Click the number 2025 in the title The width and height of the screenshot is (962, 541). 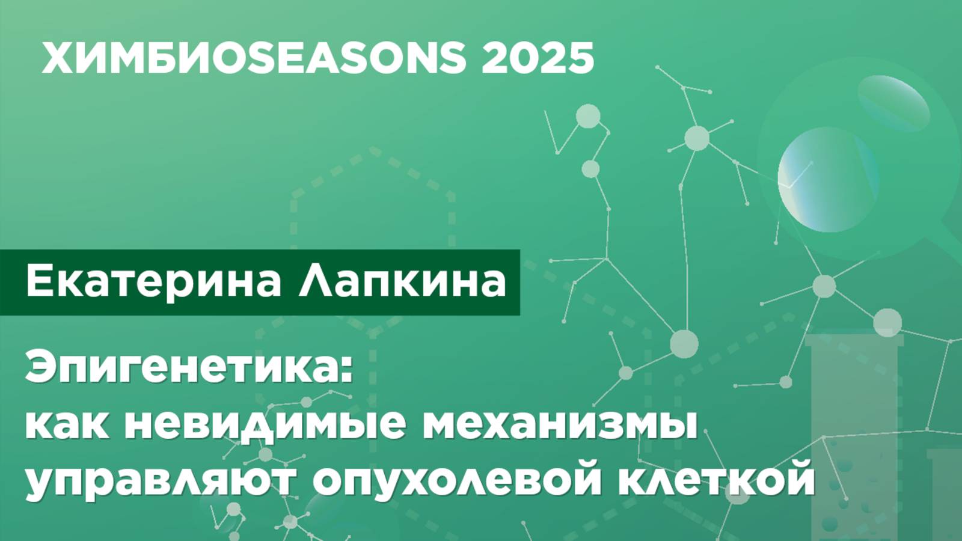click(x=538, y=58)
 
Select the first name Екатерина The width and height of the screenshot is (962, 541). click(x=153, y=282)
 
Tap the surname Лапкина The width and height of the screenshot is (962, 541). click(x=402, y=282)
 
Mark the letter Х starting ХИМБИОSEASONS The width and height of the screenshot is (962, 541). click(x=60, y=58)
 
